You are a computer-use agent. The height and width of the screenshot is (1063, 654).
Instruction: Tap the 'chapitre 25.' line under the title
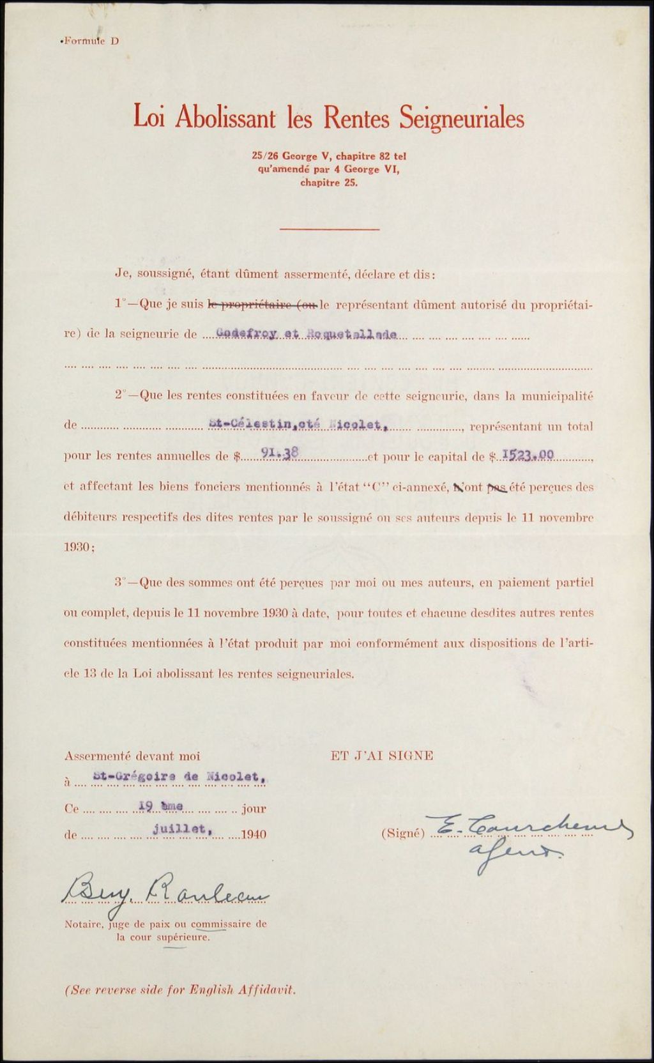coord(329,182)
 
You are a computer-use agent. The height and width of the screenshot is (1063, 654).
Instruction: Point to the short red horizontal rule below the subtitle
coord(330,229)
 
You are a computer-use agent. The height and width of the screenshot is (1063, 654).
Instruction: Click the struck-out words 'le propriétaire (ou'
coord(264,305)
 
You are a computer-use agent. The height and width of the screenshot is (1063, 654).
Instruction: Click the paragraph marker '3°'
coord(122,582)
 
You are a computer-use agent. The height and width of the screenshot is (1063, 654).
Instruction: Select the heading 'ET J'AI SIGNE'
coord(382,755)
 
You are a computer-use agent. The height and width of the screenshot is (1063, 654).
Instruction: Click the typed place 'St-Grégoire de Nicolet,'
coord(176,777)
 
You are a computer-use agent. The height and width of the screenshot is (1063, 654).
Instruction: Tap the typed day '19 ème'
coord(161,807)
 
